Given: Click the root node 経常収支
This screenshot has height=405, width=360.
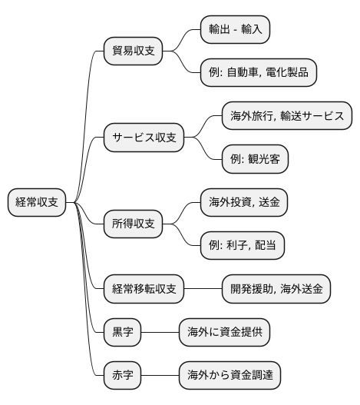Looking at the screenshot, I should click(x=38, y=203).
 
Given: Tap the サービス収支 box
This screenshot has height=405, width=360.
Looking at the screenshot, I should click(x=144, y=138).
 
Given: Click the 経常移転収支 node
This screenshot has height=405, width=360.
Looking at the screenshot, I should click(x=144, y=289).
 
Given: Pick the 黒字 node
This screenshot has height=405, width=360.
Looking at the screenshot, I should click(x=123, y=333).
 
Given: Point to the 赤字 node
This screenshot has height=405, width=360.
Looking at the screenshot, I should click(x=123, y=376).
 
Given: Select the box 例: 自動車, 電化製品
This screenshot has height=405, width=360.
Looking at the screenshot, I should click(x=256, y=73).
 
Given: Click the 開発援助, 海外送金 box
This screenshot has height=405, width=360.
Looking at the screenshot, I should click(x=276, y=289).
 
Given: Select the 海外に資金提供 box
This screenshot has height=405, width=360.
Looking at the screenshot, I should click(x=224, y=333).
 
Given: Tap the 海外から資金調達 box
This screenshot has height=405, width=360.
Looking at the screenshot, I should click(x=230, y=376).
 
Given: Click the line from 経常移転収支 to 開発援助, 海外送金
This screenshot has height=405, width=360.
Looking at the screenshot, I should click(x=203, y=289).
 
